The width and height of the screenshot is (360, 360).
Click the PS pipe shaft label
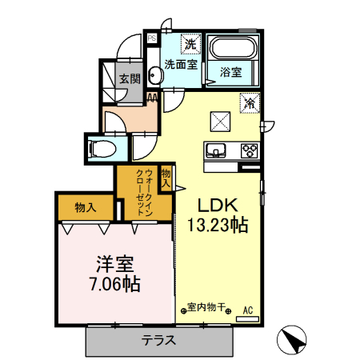[x=152, y=38]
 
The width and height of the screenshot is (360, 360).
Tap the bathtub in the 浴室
[x=233, y=48]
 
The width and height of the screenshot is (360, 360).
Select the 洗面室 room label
[x=181, y=65]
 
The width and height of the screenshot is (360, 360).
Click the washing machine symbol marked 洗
[x=190, y=44]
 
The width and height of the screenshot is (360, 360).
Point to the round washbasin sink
[x=156, y=74]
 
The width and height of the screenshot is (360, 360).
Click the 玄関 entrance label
[x=130, y=79]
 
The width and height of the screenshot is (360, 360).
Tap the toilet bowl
[x=103, y=149]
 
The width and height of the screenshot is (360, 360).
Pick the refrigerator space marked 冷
[x=250, y=103]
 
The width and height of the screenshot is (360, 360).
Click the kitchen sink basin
[x=215, y=150]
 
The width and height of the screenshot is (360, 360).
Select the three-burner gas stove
[x=250, y=150]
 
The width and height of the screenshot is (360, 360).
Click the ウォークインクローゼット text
[x=145, y=192]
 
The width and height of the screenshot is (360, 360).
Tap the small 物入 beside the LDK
[x=166, y=178]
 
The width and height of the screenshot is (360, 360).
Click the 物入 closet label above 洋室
[x=86, y=207]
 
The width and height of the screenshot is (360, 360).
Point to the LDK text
[x=218, y=206]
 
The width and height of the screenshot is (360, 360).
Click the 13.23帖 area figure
[x=218, y=226]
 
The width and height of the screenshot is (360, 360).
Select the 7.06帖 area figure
[x=115, y=284]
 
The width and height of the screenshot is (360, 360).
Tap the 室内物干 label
[x=206, y=307]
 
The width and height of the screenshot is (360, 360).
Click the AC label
[x=248, y=310]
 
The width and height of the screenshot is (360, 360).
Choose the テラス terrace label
[x=158, y=340]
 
